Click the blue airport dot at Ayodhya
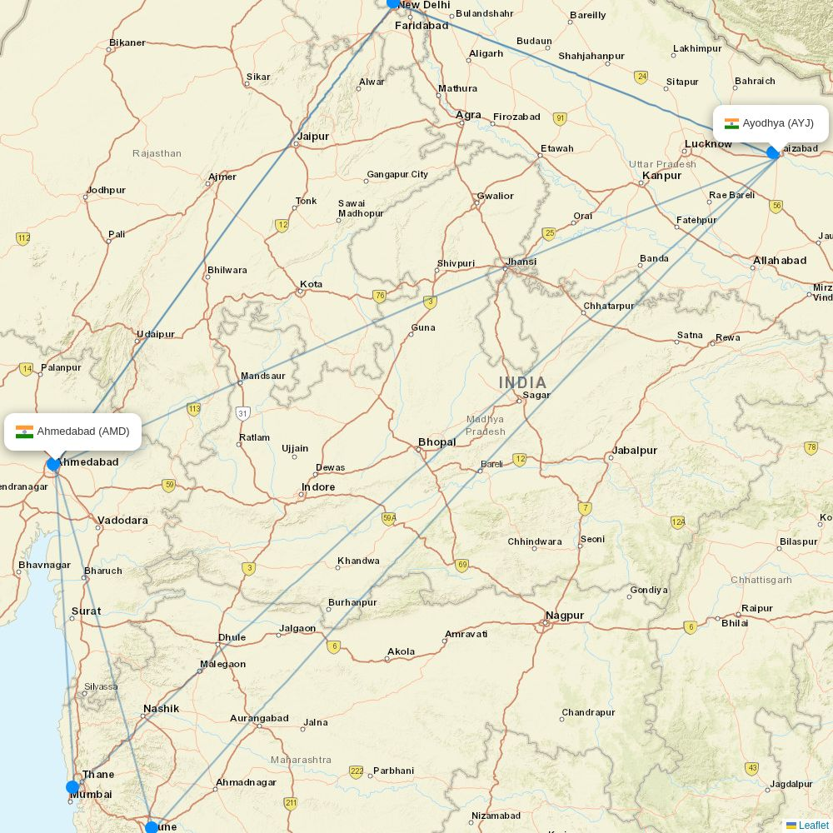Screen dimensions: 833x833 [x=773, y=152]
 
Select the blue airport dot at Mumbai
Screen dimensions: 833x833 [x=72, y=787]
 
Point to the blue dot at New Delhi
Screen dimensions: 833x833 [x=393, y=3]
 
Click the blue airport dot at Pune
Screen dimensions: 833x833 [x=152, y=827]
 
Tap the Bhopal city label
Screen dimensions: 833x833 [x=436, y=441]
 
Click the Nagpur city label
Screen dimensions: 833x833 [x=564, y=616]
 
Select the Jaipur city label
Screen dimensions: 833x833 [x=312, y=136]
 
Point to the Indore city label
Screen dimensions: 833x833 [x=318, y=487]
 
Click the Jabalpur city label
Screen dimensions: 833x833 [x=635, y=451]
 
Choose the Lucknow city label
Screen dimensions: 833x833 [x=708, y=144]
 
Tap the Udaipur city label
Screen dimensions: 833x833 [x=156, y=334]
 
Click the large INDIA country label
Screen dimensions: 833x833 [x=523, y=382]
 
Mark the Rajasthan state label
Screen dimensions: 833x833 [x=157, y=153]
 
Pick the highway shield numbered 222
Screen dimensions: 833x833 [x=357, y=771]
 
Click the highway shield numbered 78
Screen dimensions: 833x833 [x=811, y=448]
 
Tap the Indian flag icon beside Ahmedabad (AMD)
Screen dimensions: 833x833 [x=24, y=431]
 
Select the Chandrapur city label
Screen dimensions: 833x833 [x=588, y=712]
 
